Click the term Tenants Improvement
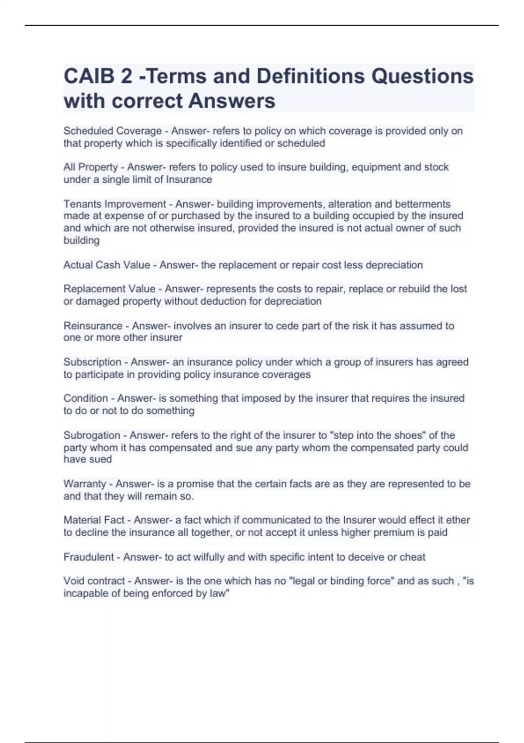115,204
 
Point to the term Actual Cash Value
107,265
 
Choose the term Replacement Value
109,289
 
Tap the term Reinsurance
93,326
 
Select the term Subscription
92,362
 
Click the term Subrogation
92,435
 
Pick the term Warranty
85,484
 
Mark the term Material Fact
94,520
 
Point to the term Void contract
94,581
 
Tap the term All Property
91,167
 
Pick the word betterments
423,204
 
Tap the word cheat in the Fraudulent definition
413,557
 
